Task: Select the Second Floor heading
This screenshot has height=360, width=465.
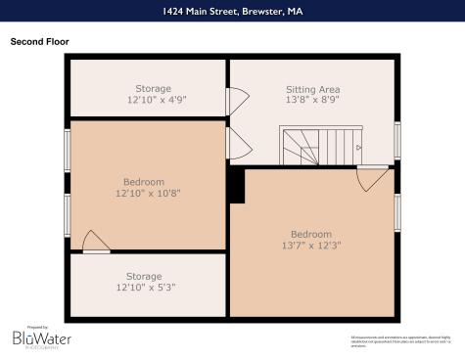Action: pyautogui.click(x=39, y=42)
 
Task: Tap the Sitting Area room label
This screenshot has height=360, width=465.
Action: pyautogui.click(x=312, y=89)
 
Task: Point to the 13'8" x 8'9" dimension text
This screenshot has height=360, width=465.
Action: pyautogui.click(x=312, y=101)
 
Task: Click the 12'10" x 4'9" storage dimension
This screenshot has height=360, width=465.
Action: pyautogui.click(x=147, y=100)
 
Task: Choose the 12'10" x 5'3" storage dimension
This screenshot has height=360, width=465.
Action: pyautogui.click(x=147, y=288)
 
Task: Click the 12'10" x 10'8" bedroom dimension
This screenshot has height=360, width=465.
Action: pyautogui.click(x=147, y=193)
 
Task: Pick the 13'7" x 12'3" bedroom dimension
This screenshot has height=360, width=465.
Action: pyautogui.click(x=311, y=246)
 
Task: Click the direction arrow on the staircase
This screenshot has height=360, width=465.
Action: pyautogui.click(x=358, y=148)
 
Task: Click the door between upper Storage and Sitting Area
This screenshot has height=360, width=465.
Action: pyautogui.click(x=236, y=102)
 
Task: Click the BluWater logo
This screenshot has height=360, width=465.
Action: pyautogui.click(x=41, y=337)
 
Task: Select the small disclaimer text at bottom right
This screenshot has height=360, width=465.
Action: pyautogui.click(x=401, y=339)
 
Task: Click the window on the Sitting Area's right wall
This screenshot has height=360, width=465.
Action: pyautogui.click(x=397, y=139)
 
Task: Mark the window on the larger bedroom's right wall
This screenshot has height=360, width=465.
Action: pyautogui.click(x=397, y=212)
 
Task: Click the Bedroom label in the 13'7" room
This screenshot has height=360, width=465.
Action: pyautogui.click(x=311, y=234)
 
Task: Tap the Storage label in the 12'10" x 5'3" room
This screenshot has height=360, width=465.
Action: pyautogui.click(x=147, y=276)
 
